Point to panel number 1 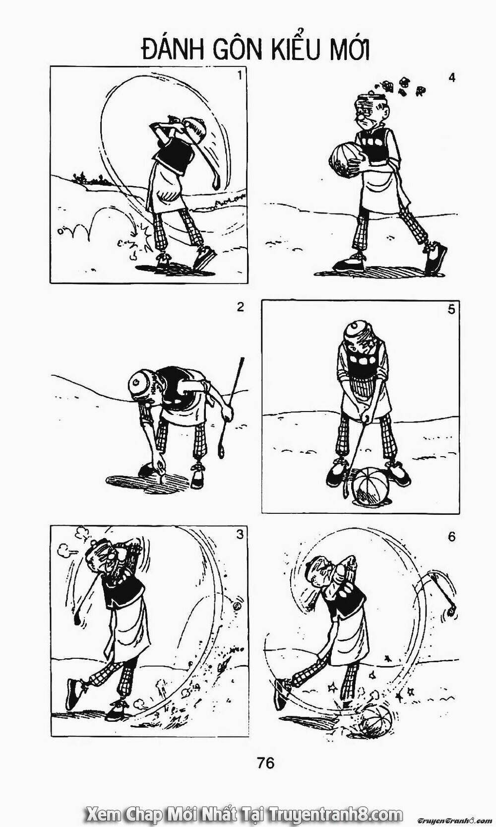click(240, 76)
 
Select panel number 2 click(241, 307)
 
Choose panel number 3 click(240, 534)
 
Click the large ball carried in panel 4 click(345, 161)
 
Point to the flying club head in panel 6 click(451, 612)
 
